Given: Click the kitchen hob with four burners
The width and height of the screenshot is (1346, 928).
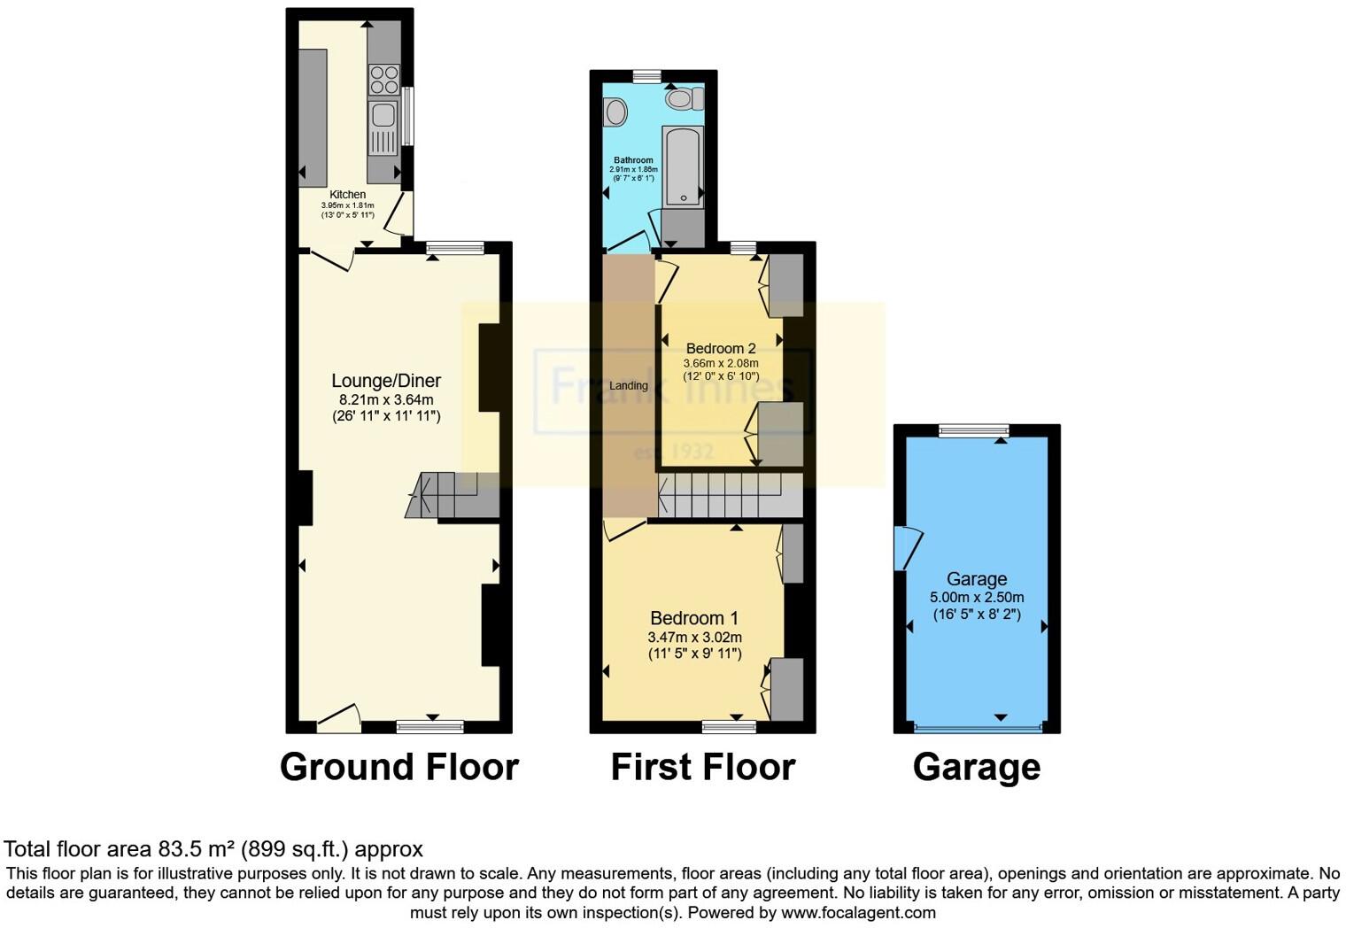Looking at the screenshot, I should tap(383, 80).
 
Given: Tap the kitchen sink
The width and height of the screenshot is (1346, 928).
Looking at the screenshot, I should tap(383, 115).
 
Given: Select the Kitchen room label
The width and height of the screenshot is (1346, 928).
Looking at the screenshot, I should tap(347, 195).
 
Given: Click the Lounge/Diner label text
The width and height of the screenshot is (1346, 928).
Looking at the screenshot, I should tap(386, 381).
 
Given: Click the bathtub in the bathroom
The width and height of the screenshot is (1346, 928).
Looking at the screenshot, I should tap(683, 166).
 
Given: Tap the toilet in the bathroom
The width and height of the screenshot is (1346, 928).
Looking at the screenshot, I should tap(684, 98).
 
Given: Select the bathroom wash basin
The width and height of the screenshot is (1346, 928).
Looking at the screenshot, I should tap(615, 112).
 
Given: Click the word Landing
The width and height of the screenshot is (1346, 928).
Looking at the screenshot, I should tap(629, 385).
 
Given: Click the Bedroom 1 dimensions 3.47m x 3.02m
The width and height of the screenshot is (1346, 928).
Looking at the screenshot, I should tap(694, 637).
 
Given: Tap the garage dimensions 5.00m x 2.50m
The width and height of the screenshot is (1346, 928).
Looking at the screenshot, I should tap(977, 597).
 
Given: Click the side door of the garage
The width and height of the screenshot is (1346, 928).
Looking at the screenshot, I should tap(907, 548).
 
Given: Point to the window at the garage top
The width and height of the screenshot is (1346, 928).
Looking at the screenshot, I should tap(973, 431).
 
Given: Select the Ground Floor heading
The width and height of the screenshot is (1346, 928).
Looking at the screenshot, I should tap(398, 767).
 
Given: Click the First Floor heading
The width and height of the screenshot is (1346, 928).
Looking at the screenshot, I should tap(703, 767).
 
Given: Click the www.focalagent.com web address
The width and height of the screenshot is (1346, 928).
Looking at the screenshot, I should tap(857, 912).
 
